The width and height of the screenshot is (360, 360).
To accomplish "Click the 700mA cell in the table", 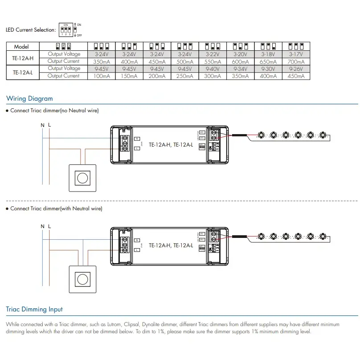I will coord(296,61).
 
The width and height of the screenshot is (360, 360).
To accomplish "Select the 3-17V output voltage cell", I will coord(296,54).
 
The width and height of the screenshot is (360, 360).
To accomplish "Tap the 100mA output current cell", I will coord(102,76).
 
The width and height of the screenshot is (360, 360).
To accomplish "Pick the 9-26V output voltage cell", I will coord(296,69).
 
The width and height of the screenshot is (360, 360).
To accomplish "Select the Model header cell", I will coord(21,46).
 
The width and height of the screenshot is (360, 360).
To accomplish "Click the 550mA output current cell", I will coord(213,61).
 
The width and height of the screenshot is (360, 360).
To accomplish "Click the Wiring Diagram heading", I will coord(29,98).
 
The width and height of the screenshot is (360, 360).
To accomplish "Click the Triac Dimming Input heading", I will coord(34,309).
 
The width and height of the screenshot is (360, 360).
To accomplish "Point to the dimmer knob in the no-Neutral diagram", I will coord(82,178).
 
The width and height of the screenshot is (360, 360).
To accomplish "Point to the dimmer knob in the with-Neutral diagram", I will coord(82,279).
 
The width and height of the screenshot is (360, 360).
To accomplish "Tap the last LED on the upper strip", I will coord(323,134).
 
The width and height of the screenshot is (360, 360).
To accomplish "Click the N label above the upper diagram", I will coord(42,125).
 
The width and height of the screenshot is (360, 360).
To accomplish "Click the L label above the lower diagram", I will coord(49,226).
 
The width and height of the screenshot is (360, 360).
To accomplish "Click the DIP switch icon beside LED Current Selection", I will coord(65,30).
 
